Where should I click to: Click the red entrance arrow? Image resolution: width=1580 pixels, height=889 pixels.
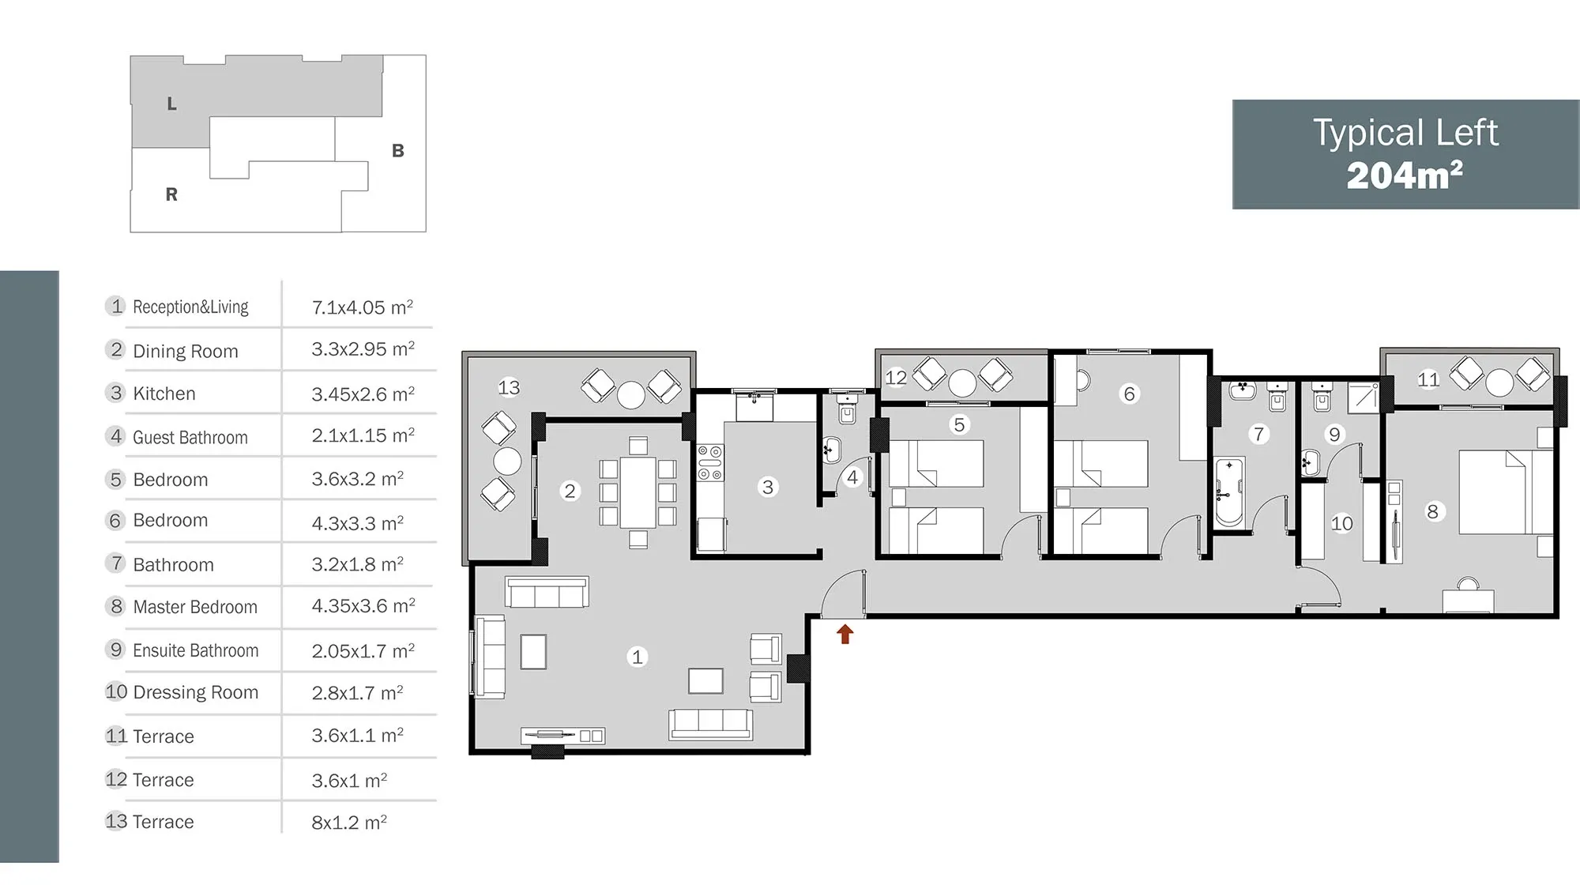(845, 634)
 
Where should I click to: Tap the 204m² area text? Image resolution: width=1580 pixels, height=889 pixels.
(1405, 175)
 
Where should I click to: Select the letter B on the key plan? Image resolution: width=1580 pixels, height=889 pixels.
(398, 150)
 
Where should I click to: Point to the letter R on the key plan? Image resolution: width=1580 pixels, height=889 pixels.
(171, 194)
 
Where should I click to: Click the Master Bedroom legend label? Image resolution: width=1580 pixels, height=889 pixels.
(195, 607)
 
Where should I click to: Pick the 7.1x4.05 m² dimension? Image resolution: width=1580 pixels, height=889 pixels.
(363, 307)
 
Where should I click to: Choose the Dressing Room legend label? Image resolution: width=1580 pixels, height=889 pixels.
(195, 692)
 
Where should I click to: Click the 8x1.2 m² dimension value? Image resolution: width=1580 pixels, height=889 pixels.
(349, 822)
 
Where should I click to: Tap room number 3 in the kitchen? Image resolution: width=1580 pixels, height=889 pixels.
(767, 487)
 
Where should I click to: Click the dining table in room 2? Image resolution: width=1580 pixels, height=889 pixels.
(638, 493)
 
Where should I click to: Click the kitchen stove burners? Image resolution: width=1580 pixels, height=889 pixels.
(709, 463)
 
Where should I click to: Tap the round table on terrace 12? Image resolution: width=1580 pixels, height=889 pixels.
(962, 382)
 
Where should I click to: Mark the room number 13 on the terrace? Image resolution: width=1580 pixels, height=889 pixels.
(509, 387)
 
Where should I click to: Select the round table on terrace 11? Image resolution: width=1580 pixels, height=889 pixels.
(1499, 382)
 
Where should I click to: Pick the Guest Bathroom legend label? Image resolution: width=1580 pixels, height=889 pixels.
(190, 437)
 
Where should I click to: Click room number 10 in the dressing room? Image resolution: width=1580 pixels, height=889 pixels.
(1341, 523)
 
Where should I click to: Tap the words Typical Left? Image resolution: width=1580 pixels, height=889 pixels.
(1405, 133)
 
